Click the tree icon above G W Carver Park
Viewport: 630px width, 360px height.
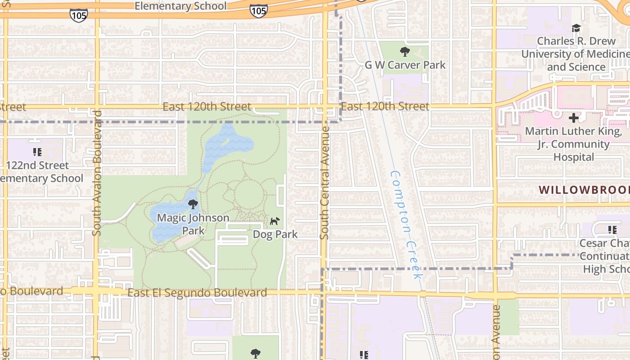(x=405, y=52)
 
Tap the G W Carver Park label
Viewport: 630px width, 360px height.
(x=405, y=65)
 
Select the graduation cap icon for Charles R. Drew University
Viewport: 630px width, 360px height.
(x=576, y=28)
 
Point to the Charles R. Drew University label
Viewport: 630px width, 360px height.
(x=576, y=54)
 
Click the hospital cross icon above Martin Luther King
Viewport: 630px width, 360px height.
(x=574, y=118)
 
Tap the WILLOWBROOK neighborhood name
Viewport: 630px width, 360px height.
(x=584, y=189)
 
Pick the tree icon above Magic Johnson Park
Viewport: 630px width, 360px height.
(x=193, y=205)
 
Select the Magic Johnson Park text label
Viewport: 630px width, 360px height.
(x=193, y=224)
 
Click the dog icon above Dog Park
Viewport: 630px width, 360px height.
(x=274, y=221)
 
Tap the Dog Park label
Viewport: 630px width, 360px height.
(x=275, y=234)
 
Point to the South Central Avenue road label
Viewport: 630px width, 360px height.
(x=324, y=182)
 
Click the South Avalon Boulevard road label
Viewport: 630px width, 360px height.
(x=97, y=173)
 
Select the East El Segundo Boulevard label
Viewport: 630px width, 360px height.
(x=197, y=293)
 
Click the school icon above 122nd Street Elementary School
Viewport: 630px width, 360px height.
(x=37, y=152)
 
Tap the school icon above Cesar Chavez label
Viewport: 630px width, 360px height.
(x=612, y=230)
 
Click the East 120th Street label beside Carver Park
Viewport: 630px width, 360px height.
(x=385, y=107)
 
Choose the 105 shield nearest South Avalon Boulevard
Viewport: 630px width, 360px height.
(x=78, y=15)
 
